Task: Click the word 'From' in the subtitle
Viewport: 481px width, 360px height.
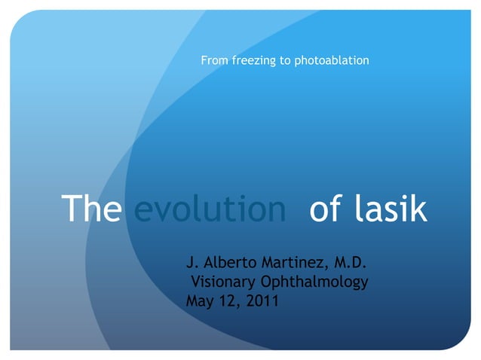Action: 213,59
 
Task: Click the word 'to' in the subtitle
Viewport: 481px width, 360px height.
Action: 284,59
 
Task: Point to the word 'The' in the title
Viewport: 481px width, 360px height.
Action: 90,209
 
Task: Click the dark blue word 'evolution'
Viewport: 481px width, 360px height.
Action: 210,209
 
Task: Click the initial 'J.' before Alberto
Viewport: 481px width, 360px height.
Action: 192,263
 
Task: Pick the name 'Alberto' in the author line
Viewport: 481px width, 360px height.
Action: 229,263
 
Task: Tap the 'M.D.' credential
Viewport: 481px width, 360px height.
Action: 349,263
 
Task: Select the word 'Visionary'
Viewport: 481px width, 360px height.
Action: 224,282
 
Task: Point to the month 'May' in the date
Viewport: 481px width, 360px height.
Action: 200,303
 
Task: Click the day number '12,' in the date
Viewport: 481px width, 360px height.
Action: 231,302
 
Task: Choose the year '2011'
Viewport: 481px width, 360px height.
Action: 262,302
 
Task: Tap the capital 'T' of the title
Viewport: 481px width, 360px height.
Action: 71,209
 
